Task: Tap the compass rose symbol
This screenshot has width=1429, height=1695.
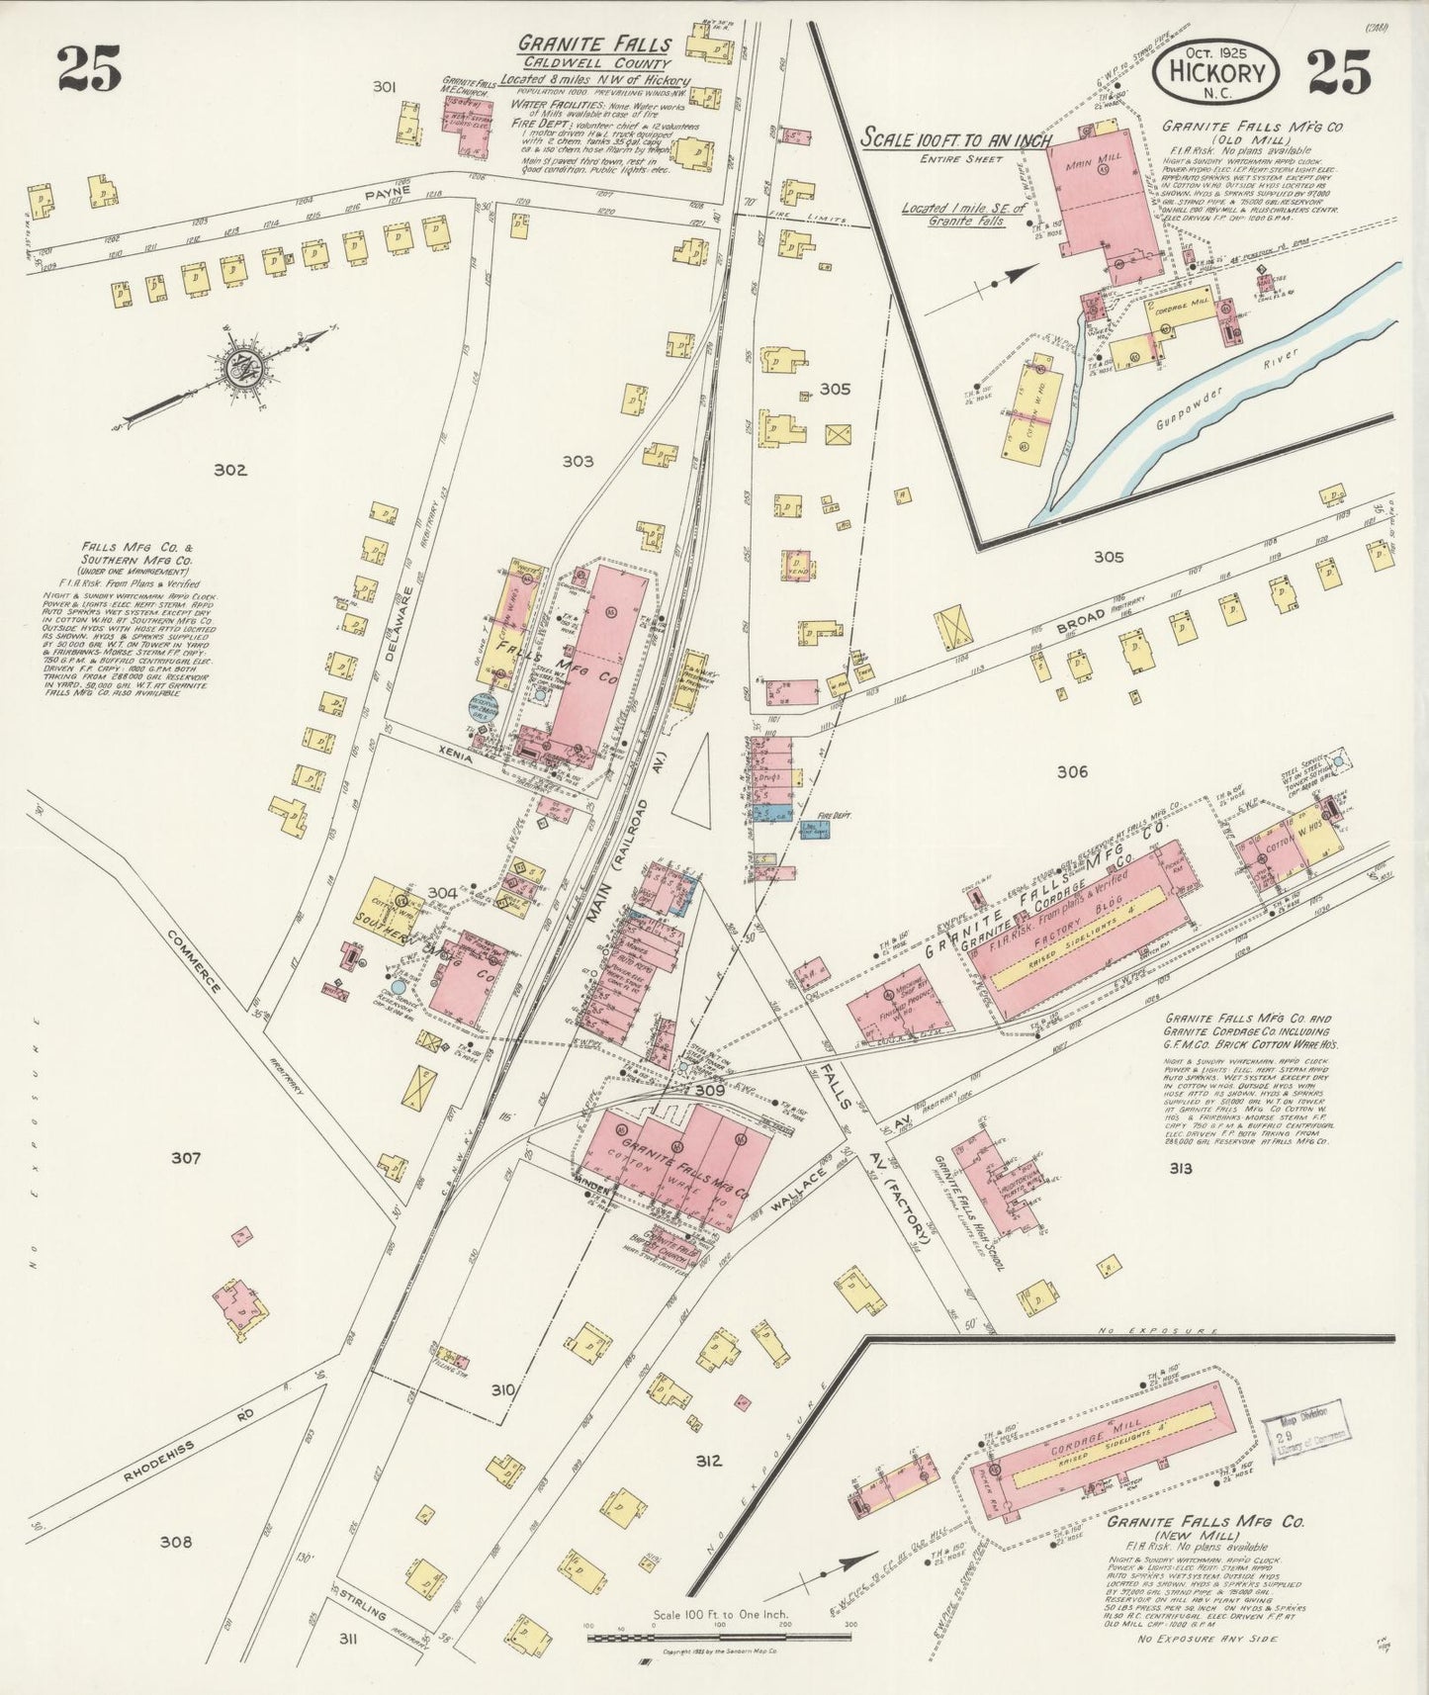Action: [240, 369]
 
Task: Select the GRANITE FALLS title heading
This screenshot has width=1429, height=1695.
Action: [596, 45]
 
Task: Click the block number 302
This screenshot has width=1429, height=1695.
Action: [229, 471]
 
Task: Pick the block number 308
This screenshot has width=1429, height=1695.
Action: [176, 1542]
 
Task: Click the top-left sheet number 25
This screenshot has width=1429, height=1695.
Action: [89, 69]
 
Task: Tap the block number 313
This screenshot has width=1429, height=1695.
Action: [1179, 1168]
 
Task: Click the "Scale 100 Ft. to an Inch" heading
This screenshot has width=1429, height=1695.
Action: [954, 138]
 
